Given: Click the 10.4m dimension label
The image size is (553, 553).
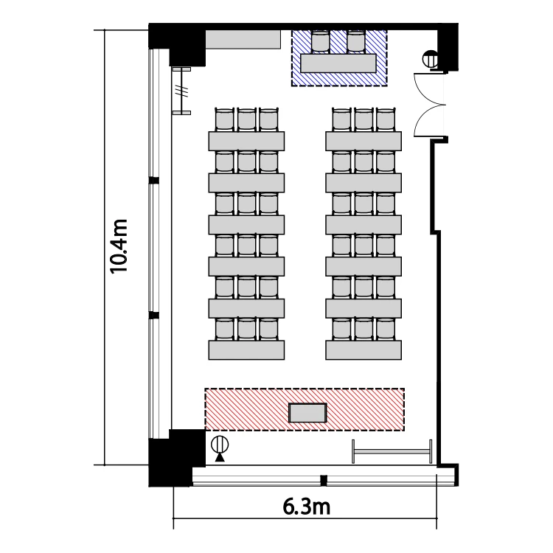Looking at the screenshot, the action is point(119,246).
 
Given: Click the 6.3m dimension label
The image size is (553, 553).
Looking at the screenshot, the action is point(306,507).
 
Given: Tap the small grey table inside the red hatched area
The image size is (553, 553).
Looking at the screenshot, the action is point(307,413).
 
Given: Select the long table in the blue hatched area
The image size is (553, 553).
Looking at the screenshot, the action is point(338,63).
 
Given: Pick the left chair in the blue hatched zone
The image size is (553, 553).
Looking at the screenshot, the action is point(321,41).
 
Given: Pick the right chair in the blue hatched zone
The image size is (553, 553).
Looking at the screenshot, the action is point(355,41).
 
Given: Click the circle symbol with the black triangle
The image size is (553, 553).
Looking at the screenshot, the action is point(220,448).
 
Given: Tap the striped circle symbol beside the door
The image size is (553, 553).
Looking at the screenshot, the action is point(431,59).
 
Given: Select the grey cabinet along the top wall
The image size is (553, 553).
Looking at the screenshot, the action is point(243,40).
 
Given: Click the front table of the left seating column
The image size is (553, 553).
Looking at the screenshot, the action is point(246,349).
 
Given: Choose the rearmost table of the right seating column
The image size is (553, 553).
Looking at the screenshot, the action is point(364,141).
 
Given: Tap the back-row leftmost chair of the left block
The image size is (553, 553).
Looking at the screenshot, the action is point(225,120).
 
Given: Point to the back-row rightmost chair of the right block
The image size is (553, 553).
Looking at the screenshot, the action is point(386,120).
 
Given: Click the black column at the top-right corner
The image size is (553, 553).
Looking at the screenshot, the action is point(448,47).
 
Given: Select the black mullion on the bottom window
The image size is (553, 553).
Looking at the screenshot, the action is point(324,480).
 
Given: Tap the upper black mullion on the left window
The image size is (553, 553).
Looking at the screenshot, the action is point(154,181).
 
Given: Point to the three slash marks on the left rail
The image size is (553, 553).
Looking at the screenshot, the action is point(182,91).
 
